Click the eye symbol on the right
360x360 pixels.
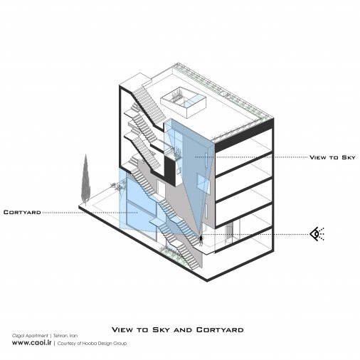pyautogui.click(x=317, y=234)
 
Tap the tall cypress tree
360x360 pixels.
pyautogui.click(x=85, y=179)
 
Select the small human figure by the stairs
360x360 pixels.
pyautogui.click(x=201, y=240)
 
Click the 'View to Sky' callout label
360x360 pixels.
pyautogui.click(x=332, y=157)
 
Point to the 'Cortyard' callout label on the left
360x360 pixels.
pyautogui.click(x=22, y=212)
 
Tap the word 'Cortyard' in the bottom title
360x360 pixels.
pyautogui.click(x=220, y=330)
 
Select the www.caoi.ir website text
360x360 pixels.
pyautogui.click(x=32, y=343)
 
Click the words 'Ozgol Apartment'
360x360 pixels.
pyautogui.click(x=30, y=336)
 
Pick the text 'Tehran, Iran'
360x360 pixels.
pyautogui.click(x=65, y=336)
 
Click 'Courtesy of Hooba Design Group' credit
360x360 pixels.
pyautogui.click(x=92, y=343)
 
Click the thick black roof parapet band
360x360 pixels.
pyautogui.click(x=244, y=135)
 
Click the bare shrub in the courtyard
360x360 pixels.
pyautogui.click(x=118, y=186)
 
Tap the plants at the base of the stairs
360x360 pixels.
pyautogui.click(x=170, y=252)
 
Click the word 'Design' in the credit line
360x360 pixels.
pyautogui.click(x=102, y=344)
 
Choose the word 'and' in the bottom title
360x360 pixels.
pyautogui.click(x=184, y=330)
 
